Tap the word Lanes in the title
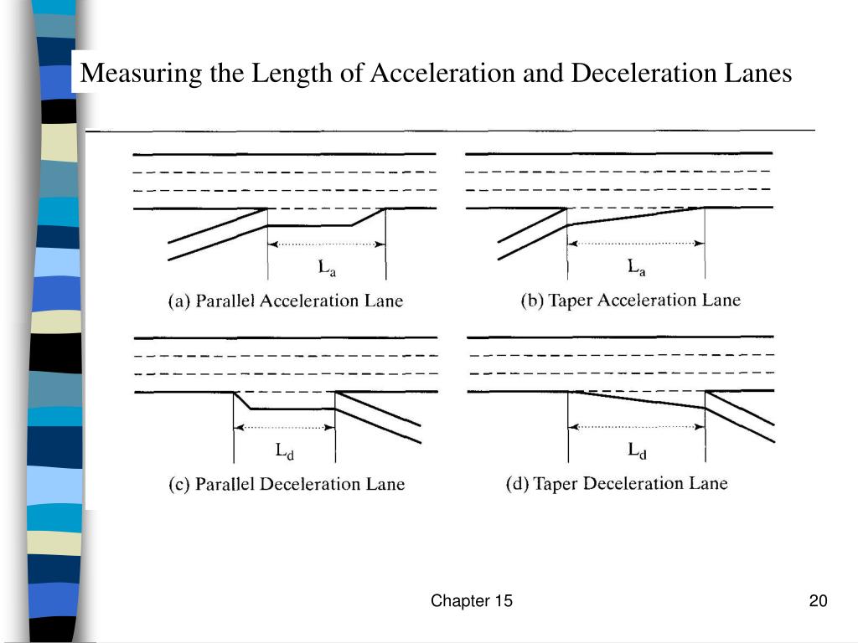click(758, 74)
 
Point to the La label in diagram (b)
click(638, 268)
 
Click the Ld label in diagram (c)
click(285, 451)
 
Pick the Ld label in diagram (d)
click(638, 450)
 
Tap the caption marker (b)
click(533, 301)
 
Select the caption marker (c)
click(179, 484)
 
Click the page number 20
click(819, 601)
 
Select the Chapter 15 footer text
click(472, 601)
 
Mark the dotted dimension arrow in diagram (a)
click(327, 244)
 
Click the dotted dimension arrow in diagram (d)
click(637, 427)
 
